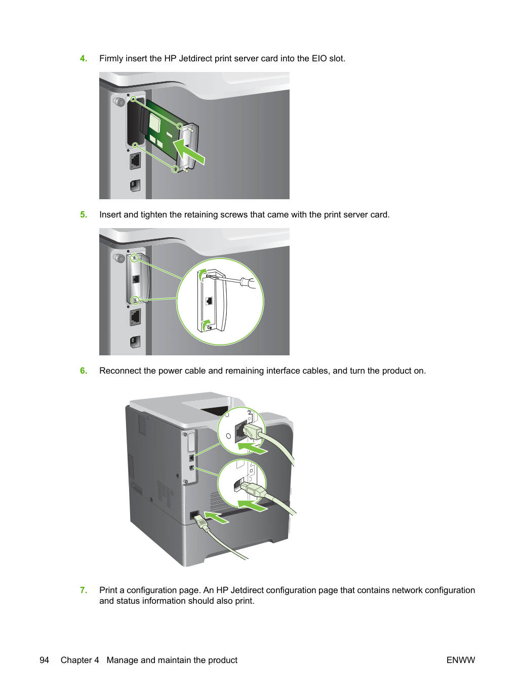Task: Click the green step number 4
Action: tap(84, 58)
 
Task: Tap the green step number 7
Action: tap(84, 590)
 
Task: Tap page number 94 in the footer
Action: tap(45, 660)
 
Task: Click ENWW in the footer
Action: tap(461, 660)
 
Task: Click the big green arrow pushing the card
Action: tap(188, 152)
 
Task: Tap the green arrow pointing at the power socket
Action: tap(216, 517)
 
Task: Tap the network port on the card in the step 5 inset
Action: tap(209, 301)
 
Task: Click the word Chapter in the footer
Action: tap(80, 660)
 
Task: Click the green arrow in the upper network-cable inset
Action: tap(253, 449)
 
